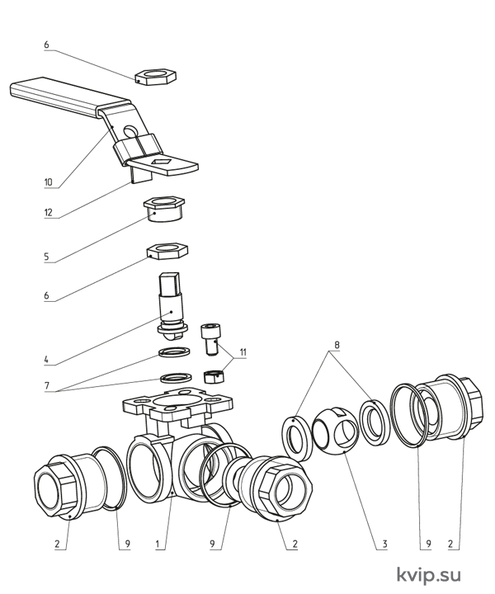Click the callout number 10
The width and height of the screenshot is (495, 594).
click(49, 182)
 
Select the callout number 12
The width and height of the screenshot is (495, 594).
click(48, 212)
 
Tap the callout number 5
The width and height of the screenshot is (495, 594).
click(46, 257)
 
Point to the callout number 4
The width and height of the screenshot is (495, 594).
click(46, 359)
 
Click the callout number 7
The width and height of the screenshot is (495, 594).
click(47, 386)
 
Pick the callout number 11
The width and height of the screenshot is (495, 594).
click(243, 352)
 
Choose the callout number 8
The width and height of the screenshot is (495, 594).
click(337, 345)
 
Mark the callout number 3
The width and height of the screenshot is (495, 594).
click(384, 544)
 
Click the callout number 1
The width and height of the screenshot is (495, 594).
click(158, 544)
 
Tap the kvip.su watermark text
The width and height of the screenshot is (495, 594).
click(429, 575)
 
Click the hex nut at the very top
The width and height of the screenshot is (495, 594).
click(156, 76)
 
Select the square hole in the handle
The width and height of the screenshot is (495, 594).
click(162, 163)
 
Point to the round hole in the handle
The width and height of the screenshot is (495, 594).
click(130, 131)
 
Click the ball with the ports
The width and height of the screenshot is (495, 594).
click(335, 430)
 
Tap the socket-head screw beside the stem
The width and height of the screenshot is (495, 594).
click(210, 338)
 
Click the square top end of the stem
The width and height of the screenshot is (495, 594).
click(170, 283)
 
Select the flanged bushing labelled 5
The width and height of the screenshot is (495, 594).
click(163, 209)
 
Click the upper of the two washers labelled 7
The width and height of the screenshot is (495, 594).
click(174, 352)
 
